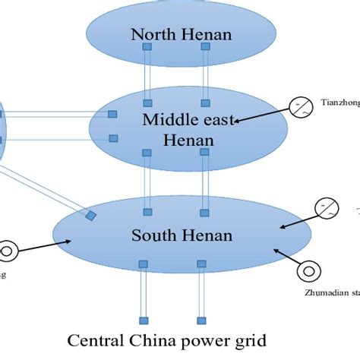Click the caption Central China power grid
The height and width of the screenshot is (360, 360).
coord(166,339)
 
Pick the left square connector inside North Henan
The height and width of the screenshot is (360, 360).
coord(147,47)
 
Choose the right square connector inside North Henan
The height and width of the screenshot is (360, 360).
coord(204,47)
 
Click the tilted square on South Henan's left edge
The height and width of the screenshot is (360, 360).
coord(90,216)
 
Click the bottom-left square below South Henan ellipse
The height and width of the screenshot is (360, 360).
coord(143,320)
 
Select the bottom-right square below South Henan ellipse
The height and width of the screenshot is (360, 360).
coord(201,320)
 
